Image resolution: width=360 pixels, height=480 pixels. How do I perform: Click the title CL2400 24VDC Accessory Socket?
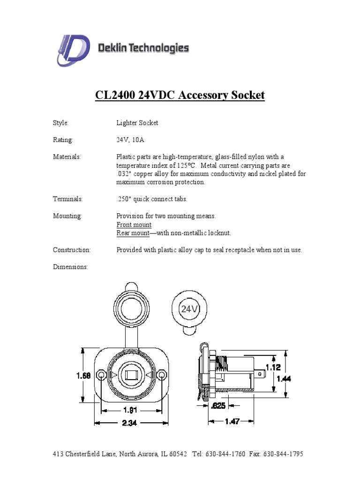point(180,96)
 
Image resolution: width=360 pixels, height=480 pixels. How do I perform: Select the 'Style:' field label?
point(61,123)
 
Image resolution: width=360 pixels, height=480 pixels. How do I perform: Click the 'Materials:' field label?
point(67,157)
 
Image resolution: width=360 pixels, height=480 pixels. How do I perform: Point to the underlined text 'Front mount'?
point(134,225)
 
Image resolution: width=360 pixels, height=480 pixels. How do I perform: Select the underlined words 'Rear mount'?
point(133,233)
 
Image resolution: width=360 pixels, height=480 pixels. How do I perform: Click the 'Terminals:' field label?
point(67,199)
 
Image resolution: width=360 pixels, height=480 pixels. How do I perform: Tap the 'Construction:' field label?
point(72,250)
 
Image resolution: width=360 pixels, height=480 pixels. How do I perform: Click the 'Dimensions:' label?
point(70,267)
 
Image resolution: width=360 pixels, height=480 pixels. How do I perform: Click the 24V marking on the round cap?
point(190,309)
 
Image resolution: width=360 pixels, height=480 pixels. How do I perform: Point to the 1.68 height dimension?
point(84,375)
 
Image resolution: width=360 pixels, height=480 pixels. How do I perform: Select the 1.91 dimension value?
point(130,410)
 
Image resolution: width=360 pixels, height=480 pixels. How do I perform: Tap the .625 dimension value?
point(219,406)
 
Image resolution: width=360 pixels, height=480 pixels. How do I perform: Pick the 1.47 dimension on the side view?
point(232,421)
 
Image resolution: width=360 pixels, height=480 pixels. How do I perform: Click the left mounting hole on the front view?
point(100,375)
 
